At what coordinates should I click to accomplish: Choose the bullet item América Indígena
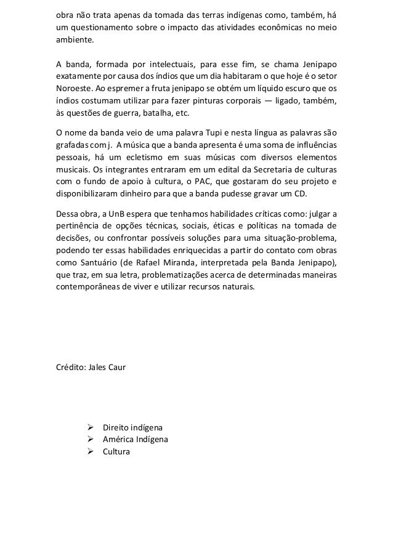[x=135, y=440]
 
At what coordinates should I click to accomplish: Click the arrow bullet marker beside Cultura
[x=90, y=451]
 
